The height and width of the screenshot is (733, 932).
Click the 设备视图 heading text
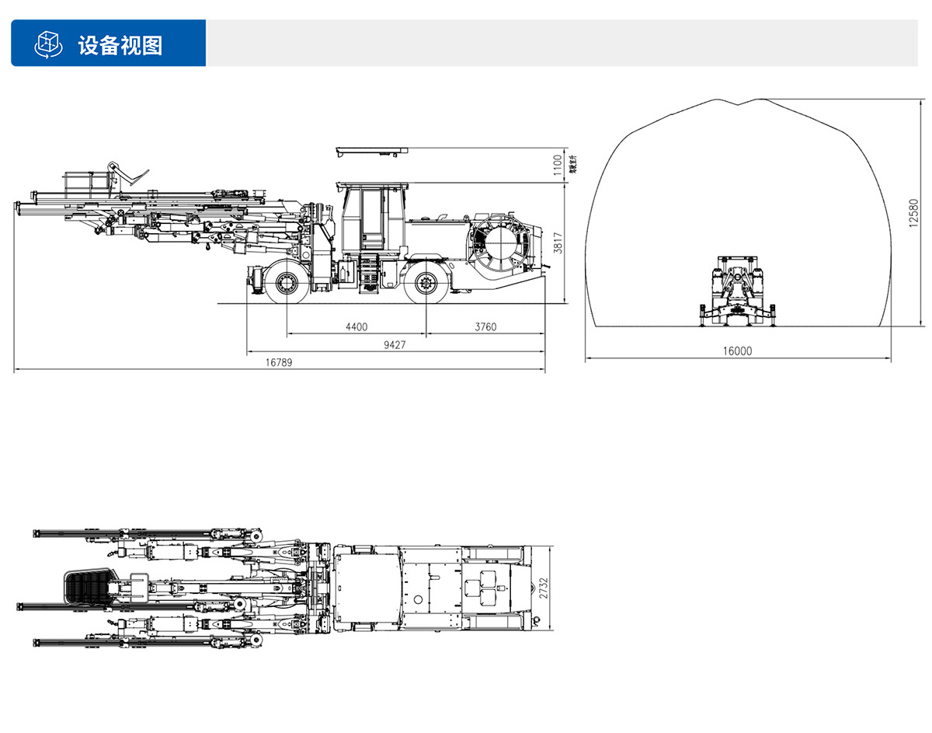pos(120,44)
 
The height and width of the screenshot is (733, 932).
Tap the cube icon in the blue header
pos(48,44)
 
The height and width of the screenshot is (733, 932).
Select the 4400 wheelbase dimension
pos(356,327)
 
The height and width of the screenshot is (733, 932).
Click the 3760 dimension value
pos(485,327)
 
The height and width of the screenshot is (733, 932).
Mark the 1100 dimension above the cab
pos(556,165)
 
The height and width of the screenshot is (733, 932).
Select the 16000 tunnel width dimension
pos(737,351)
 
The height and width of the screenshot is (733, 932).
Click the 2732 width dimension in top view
pos(544,588)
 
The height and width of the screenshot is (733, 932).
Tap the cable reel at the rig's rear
pos(500,243)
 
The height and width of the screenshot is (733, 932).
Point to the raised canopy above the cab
pos(371,150)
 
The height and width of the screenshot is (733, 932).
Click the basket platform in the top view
pos(87,587)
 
